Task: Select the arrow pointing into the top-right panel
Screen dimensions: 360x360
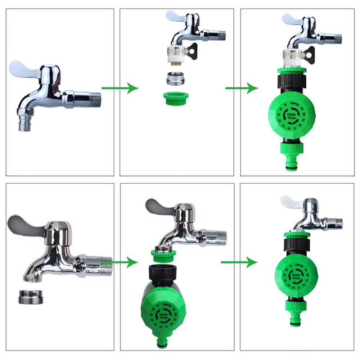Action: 242,88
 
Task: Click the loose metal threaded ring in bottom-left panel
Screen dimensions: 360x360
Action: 31,297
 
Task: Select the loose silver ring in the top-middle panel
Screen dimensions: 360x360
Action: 176,78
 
